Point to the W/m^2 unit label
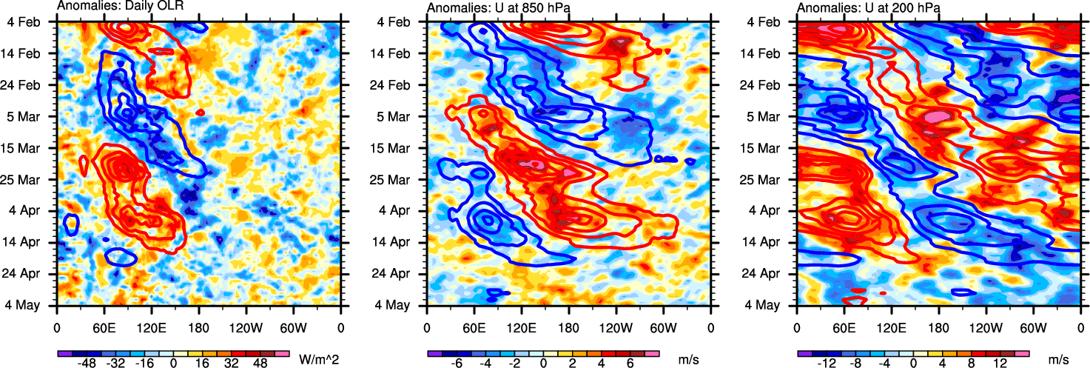click(318, 359)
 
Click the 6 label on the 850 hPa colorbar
click(631, 364)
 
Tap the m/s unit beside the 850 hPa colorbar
click(688, 359)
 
